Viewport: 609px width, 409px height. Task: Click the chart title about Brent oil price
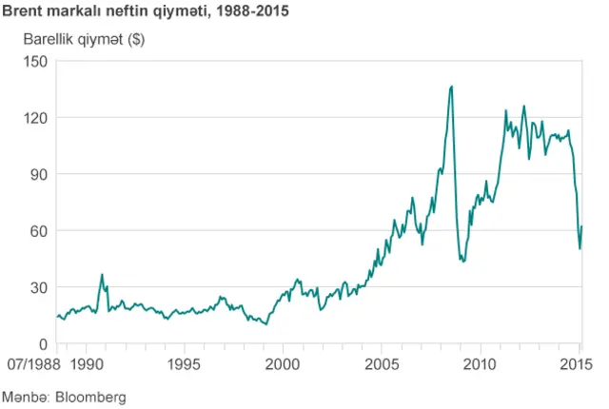[x=146, y=12]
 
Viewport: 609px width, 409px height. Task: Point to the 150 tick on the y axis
[x=34, y=61]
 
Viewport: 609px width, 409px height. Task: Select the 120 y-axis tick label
[x=34, y=118]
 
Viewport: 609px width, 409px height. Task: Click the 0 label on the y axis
[x=43, y=344]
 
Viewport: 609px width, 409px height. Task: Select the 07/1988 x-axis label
[x=30, y=364]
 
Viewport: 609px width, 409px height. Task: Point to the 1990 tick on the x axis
[x=87, y=364]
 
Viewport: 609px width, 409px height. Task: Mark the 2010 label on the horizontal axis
[x=481, y=364]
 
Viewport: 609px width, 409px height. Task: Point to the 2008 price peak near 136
[x=450, y=87]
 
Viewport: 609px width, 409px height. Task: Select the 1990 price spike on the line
[x=102, y=275]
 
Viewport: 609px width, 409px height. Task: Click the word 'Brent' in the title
[x=21, y=12]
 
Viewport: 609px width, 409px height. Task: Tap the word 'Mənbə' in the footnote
[x=26, y=396]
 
